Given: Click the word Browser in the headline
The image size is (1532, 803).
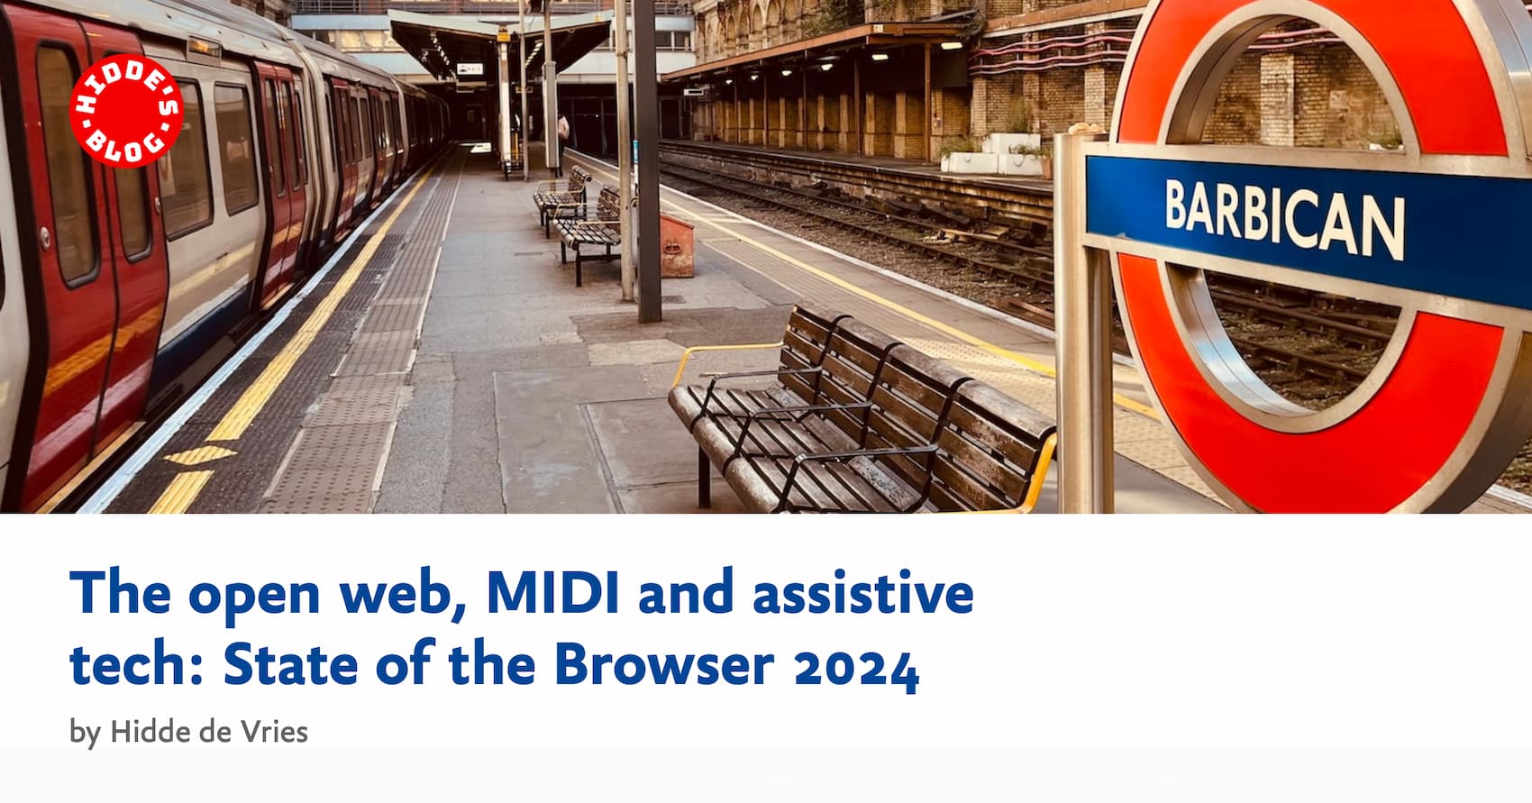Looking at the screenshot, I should pos(663,665).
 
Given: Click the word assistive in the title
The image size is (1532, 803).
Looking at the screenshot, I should pos(862,593).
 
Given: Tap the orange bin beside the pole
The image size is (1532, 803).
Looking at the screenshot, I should pos(676,245).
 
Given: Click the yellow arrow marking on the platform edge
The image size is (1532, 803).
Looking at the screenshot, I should pos(200,456).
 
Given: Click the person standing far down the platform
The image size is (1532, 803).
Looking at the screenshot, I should pos(564,131).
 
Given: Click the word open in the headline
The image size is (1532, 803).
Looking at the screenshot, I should pos(254,595).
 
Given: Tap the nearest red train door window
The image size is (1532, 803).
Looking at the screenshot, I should pos(65,162).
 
